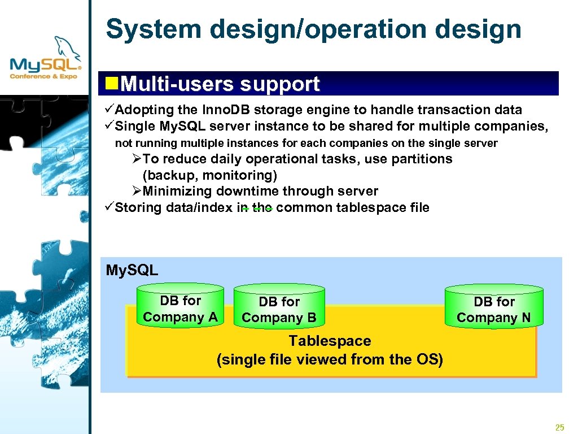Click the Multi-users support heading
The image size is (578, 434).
click(220, 84)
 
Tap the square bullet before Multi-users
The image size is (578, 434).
click(112, 84)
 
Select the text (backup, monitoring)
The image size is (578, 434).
click(210, 175)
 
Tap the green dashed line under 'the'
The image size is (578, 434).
click(257, 210)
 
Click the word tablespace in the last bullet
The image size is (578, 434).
click(369, 207)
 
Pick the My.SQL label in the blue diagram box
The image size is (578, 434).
click(132, 270)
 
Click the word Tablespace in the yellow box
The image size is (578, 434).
click(330, 341)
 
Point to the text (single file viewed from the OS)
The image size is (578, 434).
click(330, 359)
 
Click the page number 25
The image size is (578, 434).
click(559, 427)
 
